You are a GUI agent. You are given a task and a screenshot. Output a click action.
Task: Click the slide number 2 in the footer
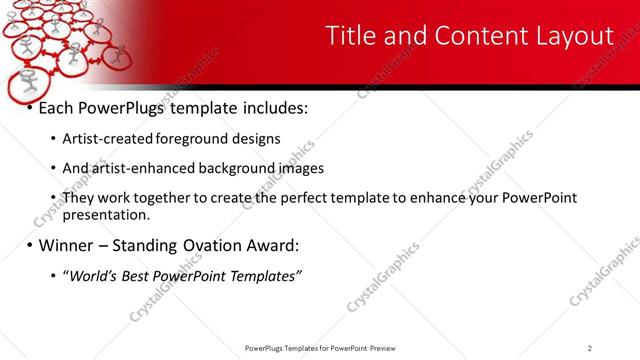[590, 348]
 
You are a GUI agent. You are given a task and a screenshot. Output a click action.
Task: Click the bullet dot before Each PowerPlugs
[30, 107]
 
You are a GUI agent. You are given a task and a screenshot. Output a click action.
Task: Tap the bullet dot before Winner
[30, 245]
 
